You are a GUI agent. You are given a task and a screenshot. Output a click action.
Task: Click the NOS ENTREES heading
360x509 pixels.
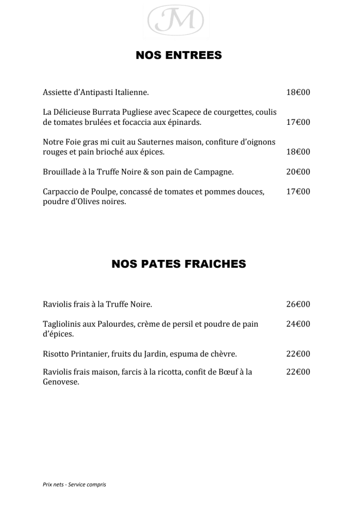coord(179,55)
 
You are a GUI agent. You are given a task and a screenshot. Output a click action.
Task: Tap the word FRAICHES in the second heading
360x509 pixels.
coord(214,264)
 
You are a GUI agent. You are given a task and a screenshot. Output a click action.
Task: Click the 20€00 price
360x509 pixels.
coord(298,172)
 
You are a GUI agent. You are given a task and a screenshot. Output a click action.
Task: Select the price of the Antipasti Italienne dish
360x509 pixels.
coord(298,92)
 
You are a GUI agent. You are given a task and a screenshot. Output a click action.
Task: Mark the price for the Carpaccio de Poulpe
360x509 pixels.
coord(298,191)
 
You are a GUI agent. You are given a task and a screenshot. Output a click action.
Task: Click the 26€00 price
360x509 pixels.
coord(298,304)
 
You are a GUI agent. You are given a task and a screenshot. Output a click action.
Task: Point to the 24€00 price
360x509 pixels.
coord(298,324)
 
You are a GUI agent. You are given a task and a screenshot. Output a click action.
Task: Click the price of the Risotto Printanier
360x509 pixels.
coord(298,354)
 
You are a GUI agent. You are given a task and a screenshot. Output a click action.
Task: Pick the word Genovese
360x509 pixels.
coord(61,382)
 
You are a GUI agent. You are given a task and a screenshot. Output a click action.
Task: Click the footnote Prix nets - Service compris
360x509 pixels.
coord(74,484)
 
